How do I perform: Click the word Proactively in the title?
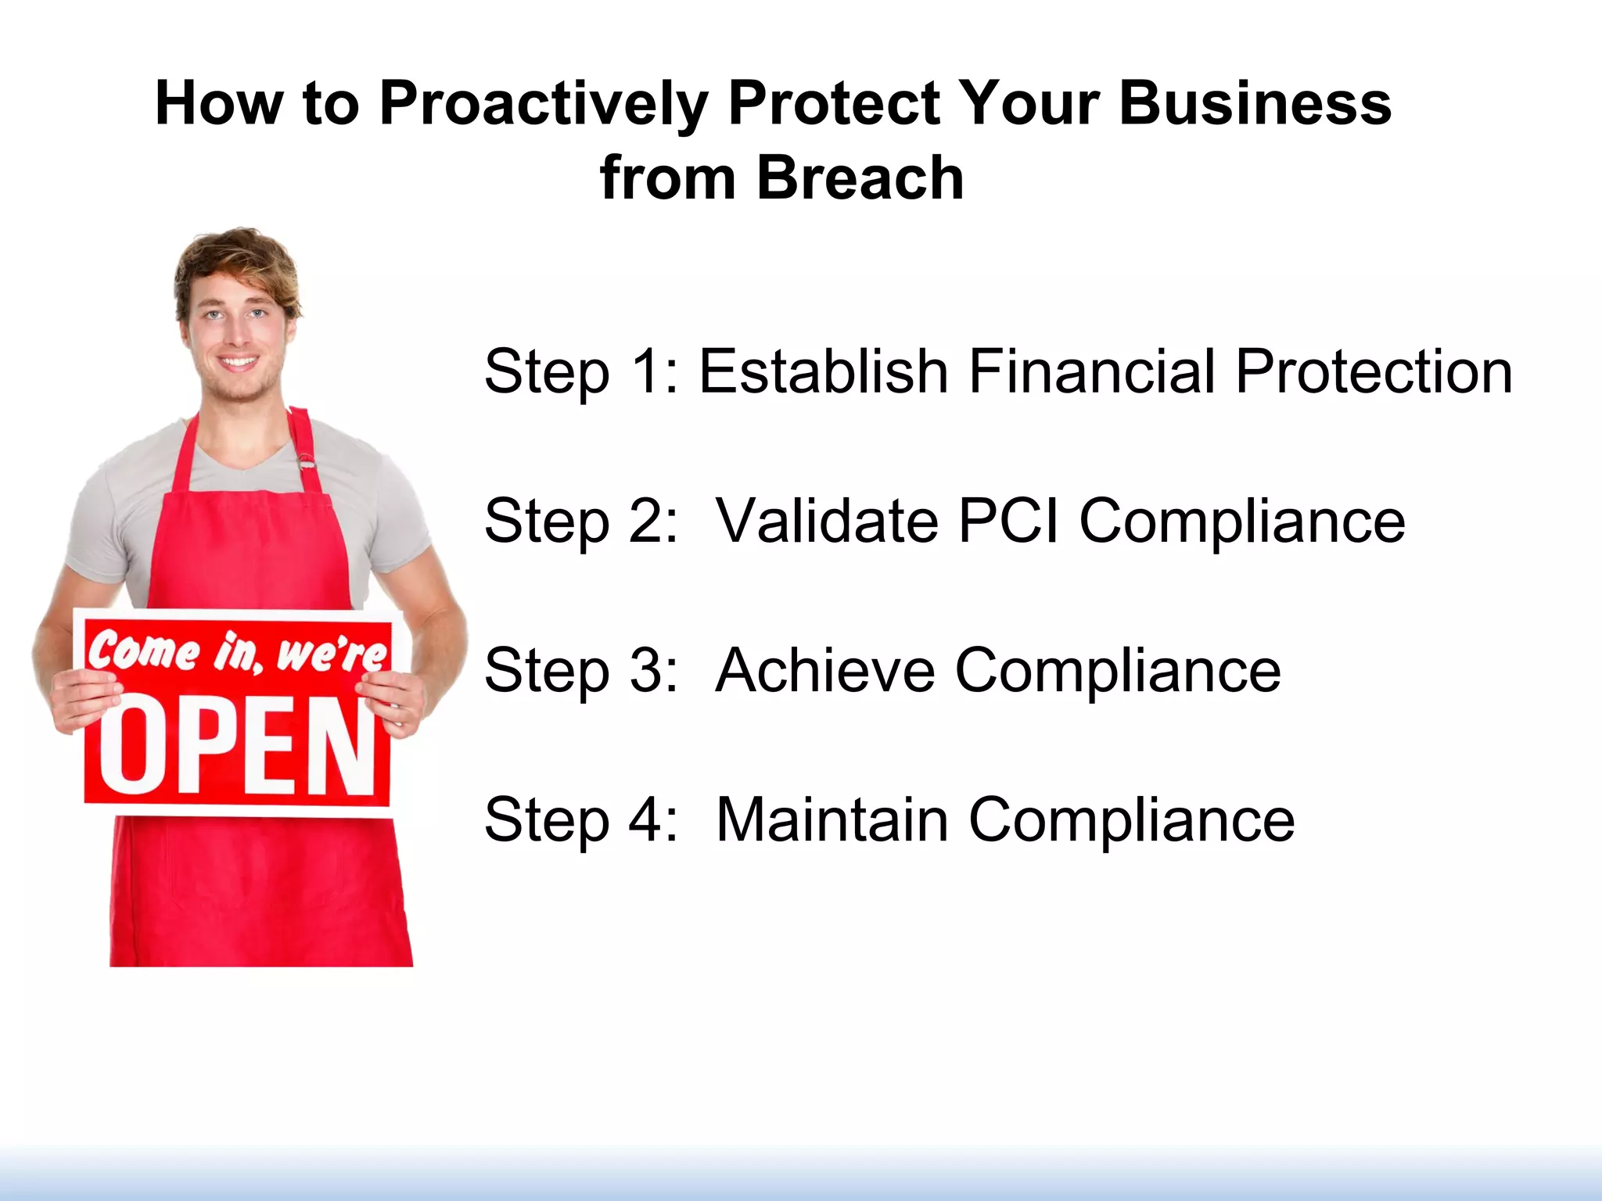544,104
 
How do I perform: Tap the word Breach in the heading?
860,178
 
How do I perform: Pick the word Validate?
827,521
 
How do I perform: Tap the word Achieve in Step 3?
825,670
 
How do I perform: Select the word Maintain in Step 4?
832,819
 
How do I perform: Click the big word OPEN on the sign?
235,747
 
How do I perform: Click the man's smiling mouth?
237,363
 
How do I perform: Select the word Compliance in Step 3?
1118,670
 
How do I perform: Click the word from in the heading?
667,178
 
